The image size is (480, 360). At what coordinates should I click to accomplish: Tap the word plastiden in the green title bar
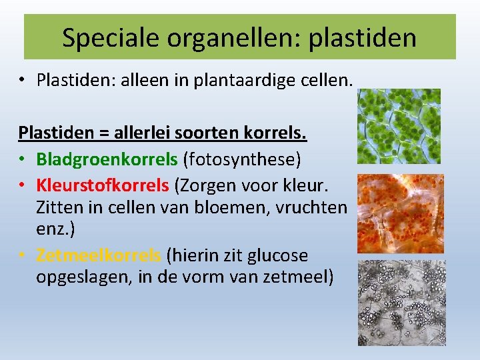click(363, 37)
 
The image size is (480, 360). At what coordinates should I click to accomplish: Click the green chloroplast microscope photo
click(399, 126)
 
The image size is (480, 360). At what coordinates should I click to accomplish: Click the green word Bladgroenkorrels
click(107, 160)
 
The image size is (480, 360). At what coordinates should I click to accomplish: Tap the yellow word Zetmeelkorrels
click(99, 255)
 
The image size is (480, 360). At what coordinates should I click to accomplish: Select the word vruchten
click(309, 207)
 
